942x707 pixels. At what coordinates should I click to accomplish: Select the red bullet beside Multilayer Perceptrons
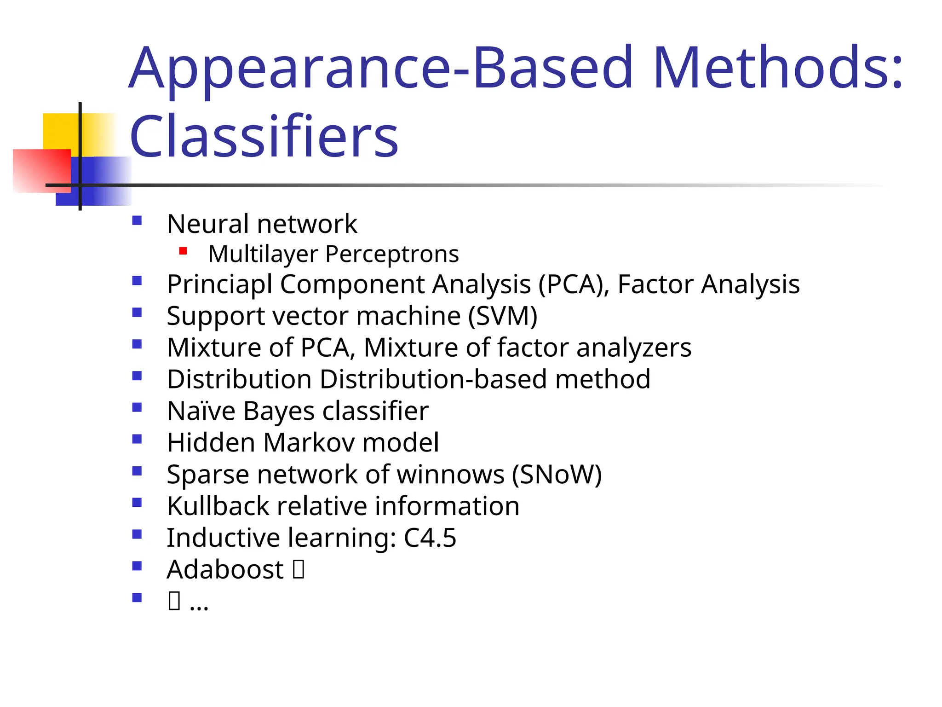pos(183,251)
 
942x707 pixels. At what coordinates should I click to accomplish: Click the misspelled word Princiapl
pos(220,284)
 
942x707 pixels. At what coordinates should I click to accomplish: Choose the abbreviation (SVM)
pos(503,316)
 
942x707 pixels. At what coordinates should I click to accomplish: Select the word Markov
pos(309,442)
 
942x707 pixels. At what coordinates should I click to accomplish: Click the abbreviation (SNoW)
pos(557,475)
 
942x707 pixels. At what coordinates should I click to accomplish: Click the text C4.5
pos(430,538)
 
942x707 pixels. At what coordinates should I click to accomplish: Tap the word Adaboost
pos(225,569)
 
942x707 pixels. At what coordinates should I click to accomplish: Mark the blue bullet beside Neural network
pos(137,220)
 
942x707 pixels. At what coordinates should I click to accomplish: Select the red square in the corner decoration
pos(41,170)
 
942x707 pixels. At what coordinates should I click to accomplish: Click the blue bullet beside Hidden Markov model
pos(137,439)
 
